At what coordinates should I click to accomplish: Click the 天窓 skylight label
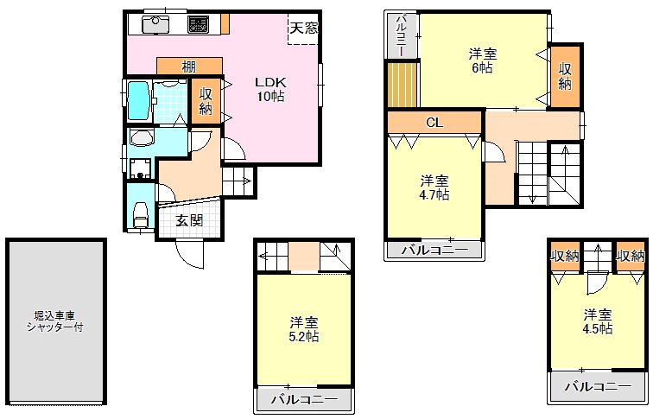303,27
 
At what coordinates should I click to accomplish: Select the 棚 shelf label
188,67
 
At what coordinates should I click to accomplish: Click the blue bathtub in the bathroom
139,101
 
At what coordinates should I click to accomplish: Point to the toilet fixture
140,214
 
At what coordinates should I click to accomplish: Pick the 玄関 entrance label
189,221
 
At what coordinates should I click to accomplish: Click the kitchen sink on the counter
156,24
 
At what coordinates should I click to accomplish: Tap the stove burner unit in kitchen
200,24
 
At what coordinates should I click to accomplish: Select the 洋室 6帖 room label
482,60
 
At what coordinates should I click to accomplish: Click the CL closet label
434,123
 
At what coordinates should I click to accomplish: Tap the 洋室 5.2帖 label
304,329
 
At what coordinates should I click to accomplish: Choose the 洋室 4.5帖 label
598,321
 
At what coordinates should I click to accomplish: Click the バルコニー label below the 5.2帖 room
304,399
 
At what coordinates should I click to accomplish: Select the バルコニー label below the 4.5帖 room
598,386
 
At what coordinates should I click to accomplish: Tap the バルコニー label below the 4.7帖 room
435,251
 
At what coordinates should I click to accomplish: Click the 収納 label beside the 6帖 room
564,76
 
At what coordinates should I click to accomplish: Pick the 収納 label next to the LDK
206,101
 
